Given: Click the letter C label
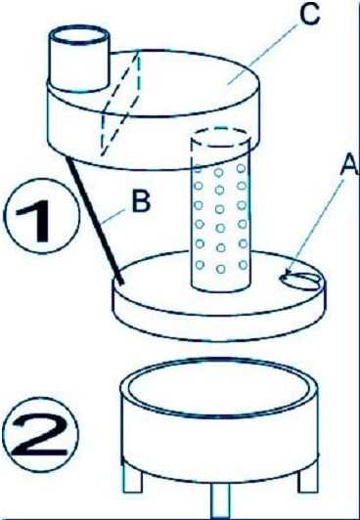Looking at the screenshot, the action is [x=309, y=14].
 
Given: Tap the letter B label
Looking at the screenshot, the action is [x=141, y=201].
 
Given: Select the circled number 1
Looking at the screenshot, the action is [x=41, y=216].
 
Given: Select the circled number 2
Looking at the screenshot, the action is [x=40, y=435].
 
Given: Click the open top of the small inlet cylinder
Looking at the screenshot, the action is [x=78, y=35].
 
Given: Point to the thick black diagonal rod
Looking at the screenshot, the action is [x=95, y=220].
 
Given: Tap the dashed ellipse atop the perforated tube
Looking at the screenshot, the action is [x=220, y=138].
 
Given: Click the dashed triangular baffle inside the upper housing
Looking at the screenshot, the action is [x=119, y=104].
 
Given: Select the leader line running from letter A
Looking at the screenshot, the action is [x=315, y=226].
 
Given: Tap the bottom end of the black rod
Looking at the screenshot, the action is [x=122, y=282].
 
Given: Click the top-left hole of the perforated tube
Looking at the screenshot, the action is [x=198, y=169].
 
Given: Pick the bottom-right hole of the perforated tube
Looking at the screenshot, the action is [x=244, y=265].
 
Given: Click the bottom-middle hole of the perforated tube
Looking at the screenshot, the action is [x=221, y=269].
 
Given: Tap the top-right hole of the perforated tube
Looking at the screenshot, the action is [x=242, y=168].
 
